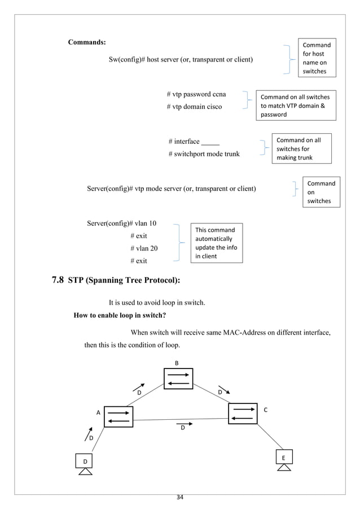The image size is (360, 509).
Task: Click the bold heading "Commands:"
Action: click(x=86, y=42)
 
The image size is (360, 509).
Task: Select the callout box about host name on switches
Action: click(x=318, y=58)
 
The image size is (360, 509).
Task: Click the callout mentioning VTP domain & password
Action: click(x=295, y=106)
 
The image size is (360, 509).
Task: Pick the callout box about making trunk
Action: click(x=300, y=149)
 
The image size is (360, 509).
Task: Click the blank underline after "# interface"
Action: click(x=210, y=142)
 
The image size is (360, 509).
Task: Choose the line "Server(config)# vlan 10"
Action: click(x=121, y=223)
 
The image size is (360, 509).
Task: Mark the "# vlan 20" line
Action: click(x=144, y=248)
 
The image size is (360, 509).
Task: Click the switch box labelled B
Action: click(x=178, y=379)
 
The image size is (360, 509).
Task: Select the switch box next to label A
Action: click(x=118, y=416)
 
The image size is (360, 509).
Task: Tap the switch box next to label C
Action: click(x=243, y=413)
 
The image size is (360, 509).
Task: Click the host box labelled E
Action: click(x=284, y=457)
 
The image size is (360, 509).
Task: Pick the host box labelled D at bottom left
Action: click(x=85, y=462)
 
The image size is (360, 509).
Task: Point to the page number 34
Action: click(x=180, y=497)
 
